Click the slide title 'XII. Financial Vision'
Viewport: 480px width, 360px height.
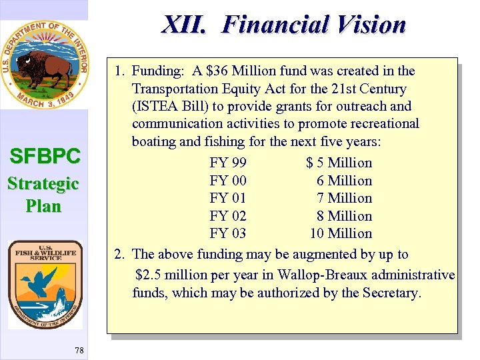[283, 25]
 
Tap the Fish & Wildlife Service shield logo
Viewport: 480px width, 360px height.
[45, 284]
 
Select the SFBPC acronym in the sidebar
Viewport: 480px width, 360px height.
[45, 157]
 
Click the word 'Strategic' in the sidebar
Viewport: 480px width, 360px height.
[43, 183]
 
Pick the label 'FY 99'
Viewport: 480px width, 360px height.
[228, 163]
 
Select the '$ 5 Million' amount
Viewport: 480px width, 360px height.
[339, 163]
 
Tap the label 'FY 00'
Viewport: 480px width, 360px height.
[228, 181]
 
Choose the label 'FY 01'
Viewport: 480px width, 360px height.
[228, 198]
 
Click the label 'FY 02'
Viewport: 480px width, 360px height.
[228, 216]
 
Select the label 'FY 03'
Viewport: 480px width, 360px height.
[228, 233]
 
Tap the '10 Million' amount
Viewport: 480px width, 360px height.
[341, 233]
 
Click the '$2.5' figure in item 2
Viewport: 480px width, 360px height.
[149, 275]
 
